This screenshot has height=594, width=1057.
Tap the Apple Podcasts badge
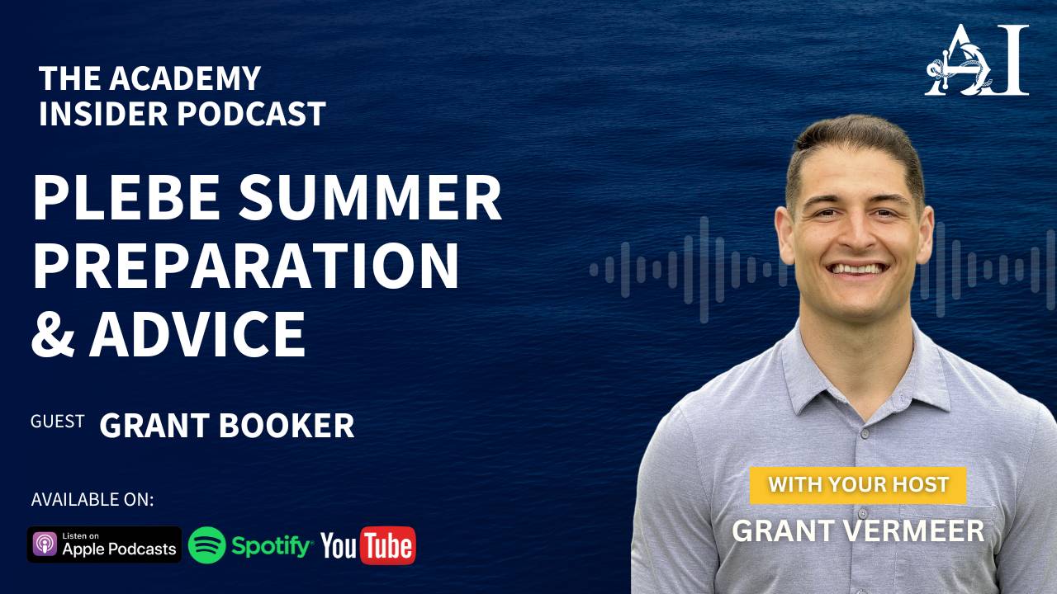pyautogui.click(x=104, y=544)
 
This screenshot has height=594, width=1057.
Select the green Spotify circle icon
pyautogui.click(x=206, y=544)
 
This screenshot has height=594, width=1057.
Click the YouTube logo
pyautogui.click(x=368, y=545)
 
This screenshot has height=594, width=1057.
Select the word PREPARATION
pyautogui.click(x=245, y=266)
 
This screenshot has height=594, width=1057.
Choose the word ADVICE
pyautogui.click(x=198, y=333)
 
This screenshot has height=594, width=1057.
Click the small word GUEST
pyautogui.click(x=57, y=422)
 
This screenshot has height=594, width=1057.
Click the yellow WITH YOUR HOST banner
pyautogui.click(x=858, y=484)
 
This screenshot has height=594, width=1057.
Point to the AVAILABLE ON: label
pyautogui.click(x=92, y=500)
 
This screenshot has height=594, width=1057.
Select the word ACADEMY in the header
pyautogui.click(x=185, y=78)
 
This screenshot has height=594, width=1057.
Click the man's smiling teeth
pyautogui.click(x=858, y=267)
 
